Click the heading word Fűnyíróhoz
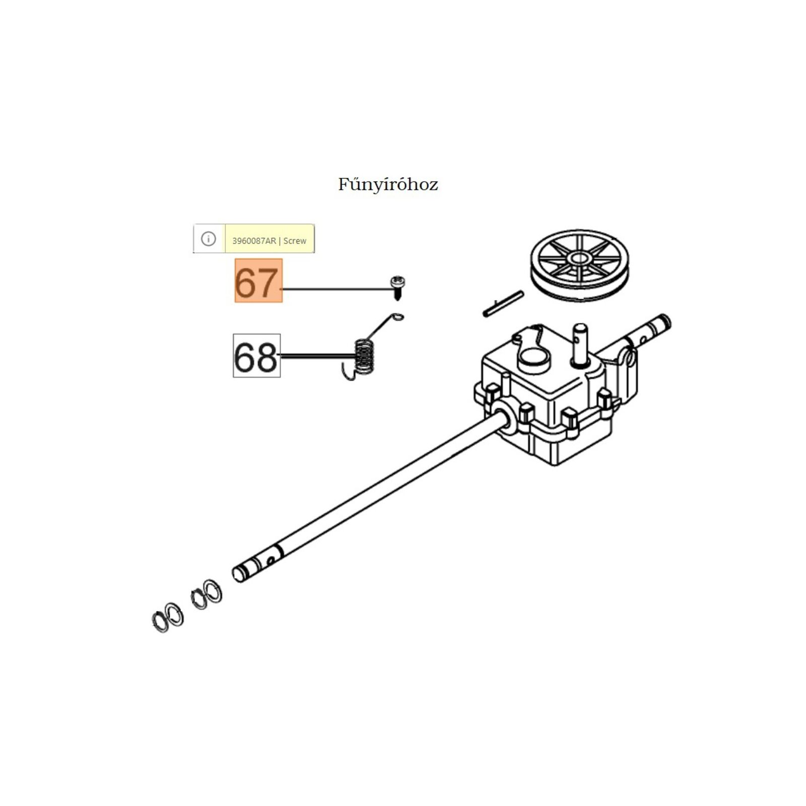[388, 184]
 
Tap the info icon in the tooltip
[209, 239]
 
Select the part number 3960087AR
[254, 241]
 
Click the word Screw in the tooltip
[295, 241]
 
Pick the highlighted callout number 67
[258, 281]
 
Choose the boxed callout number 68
[256, 356]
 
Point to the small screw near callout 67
[397, 287]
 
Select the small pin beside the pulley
[503, 304]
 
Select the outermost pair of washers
[168, 618]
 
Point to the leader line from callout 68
[317, 356]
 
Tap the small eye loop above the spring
[398, 317]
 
